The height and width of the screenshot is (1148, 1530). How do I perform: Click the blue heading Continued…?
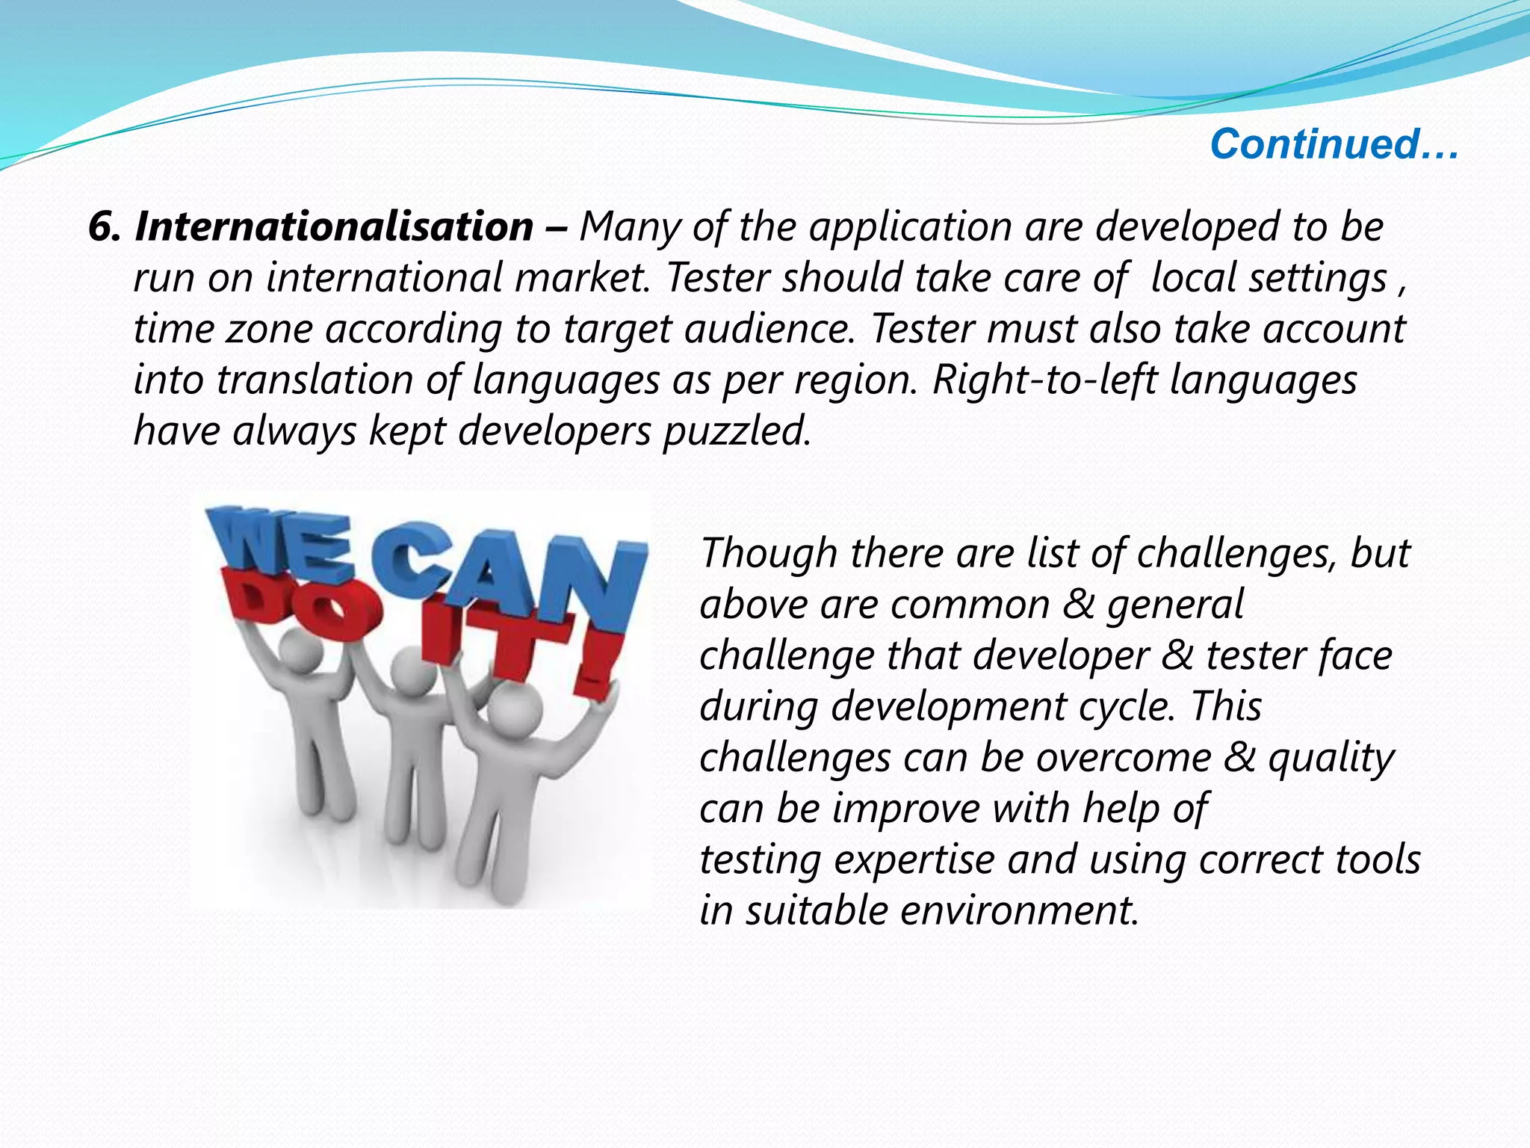tap(1334, 143)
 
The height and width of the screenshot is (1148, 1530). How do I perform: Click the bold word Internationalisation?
tap(334, 226)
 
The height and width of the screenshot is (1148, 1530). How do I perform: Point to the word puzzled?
tap(737, 431)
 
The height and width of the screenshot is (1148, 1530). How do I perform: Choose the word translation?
tap(315, 380)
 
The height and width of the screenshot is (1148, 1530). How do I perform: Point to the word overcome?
tap(1124, 758)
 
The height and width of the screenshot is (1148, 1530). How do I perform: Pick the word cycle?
tap(1127, 707)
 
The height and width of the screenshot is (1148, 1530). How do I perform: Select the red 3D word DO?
tap(299, 605)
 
